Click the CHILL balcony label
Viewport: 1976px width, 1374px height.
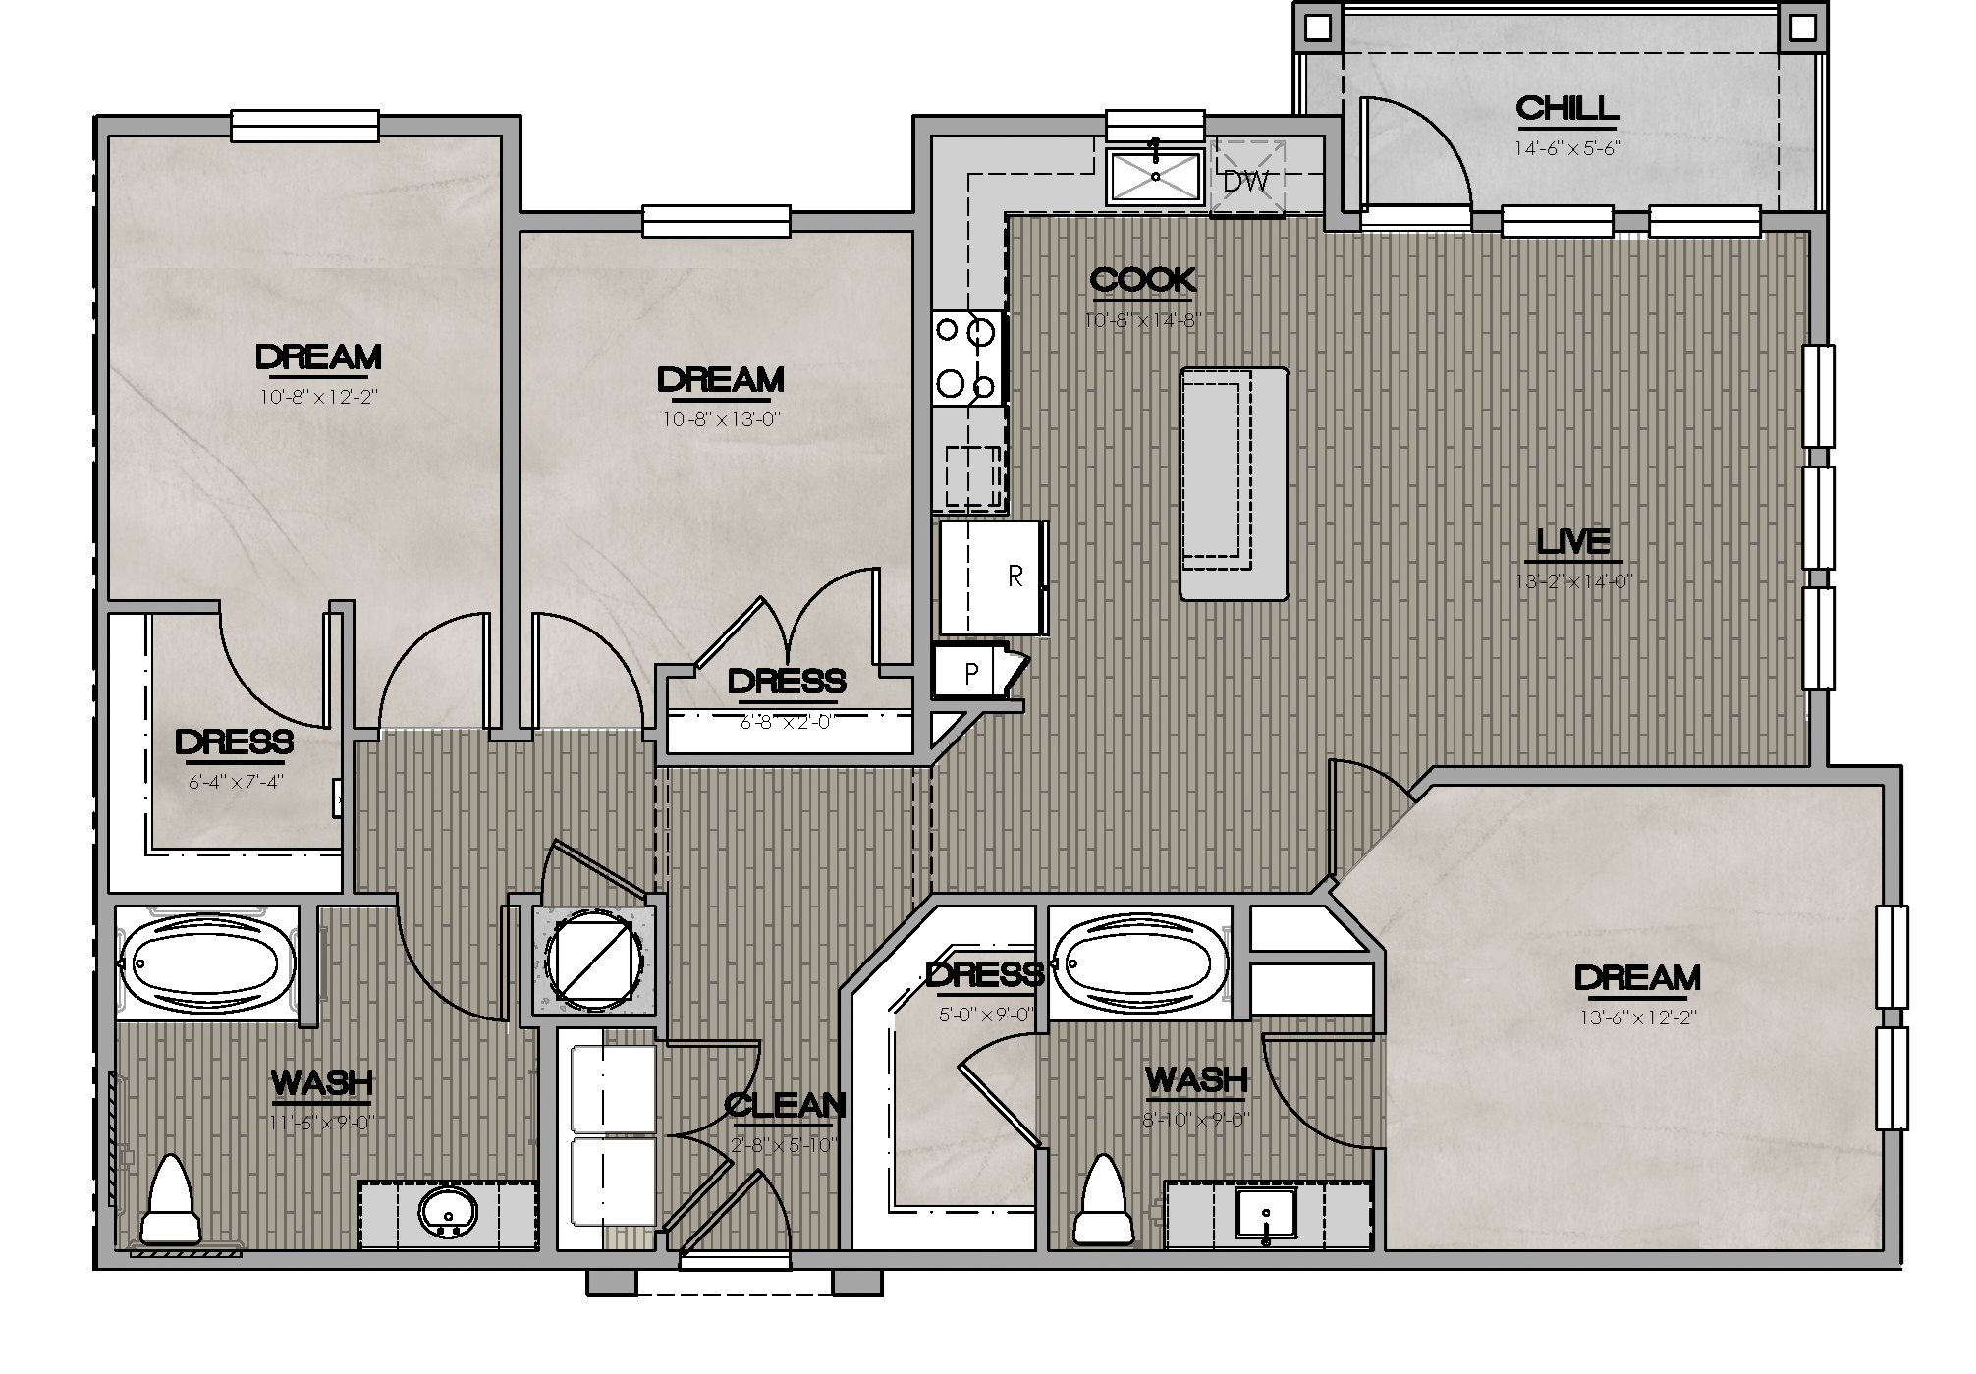tap(1565, 108)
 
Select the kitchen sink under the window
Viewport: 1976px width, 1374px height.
tap(1155, 177)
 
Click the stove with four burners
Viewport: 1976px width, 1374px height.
tap(967, 358)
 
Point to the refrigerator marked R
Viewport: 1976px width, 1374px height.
tap(993, 577)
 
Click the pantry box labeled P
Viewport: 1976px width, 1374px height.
tap(970, 673)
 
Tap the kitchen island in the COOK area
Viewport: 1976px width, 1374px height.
tap(1234, 483)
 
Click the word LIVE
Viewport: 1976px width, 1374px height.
tap(1572, 541)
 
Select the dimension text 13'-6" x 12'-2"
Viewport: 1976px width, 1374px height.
tap(1636, 1017)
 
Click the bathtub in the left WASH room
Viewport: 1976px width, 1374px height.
tap(207, 963)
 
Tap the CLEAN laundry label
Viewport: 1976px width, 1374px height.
tap(785, 1105)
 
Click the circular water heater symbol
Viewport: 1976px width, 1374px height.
tap(594, 959)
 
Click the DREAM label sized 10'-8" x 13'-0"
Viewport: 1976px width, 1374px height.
tap(720, 379)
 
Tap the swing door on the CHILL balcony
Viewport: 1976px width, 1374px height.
tap(1414, 157)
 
